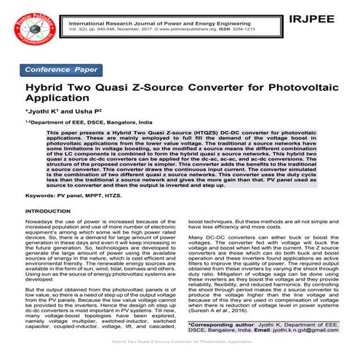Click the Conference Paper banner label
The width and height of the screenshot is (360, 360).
click(62, 69)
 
